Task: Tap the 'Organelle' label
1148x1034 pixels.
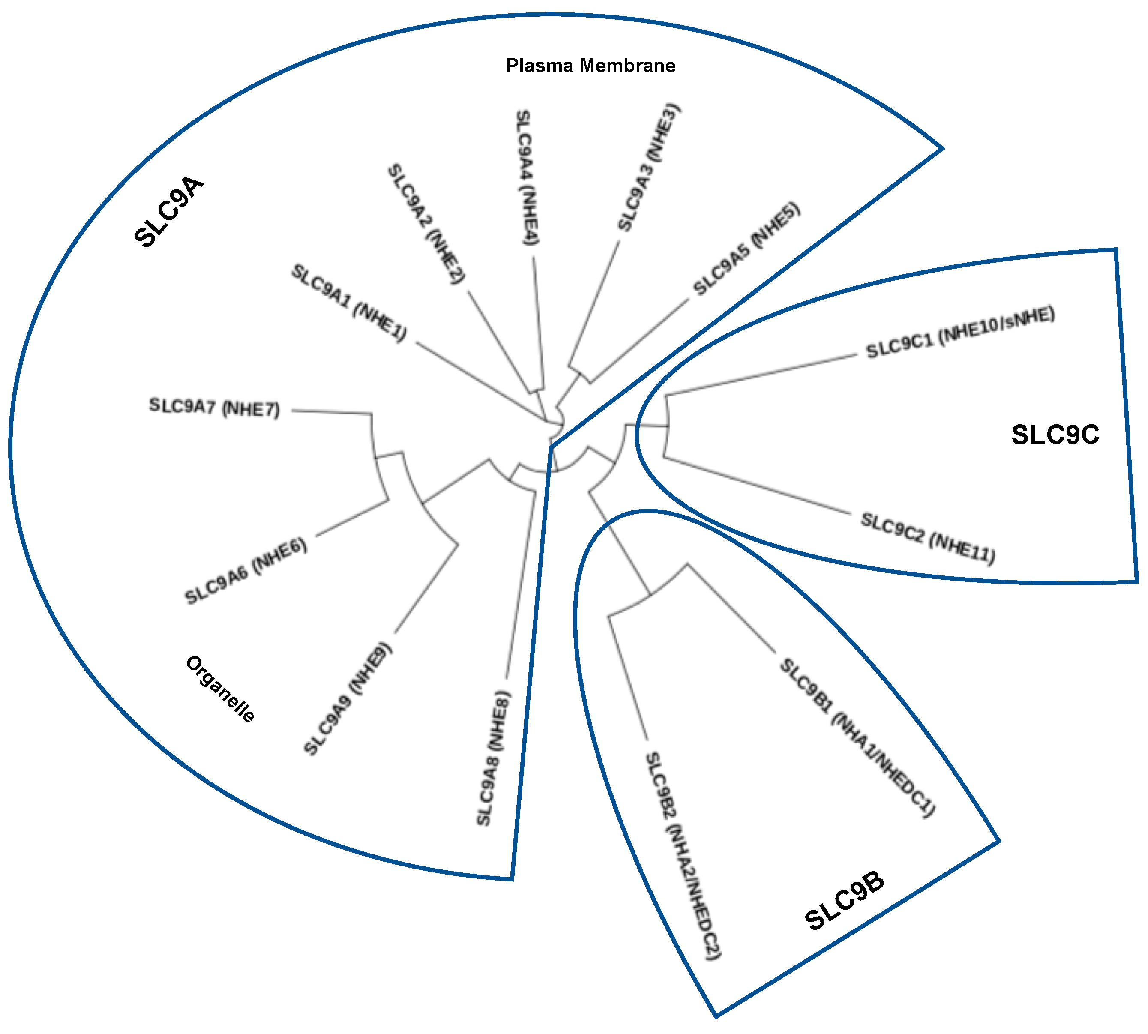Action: click(220, 689)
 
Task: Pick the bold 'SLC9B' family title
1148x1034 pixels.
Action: click(845, 902)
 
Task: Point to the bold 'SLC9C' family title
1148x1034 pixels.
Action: click(1055, 435)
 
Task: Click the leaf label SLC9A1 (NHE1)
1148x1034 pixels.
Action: click(349, 303)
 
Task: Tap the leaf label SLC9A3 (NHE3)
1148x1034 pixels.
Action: click(649, 167)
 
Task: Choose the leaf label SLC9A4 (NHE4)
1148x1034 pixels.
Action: click(527, 177)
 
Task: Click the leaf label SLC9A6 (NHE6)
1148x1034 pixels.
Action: click(246, 571)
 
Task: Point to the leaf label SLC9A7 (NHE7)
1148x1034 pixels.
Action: click(215, 408)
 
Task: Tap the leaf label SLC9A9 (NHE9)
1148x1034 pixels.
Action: click(348, 699)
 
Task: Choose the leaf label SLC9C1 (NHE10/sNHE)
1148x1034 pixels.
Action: click(960, 333)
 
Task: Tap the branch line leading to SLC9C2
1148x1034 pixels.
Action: click(755, 486)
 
